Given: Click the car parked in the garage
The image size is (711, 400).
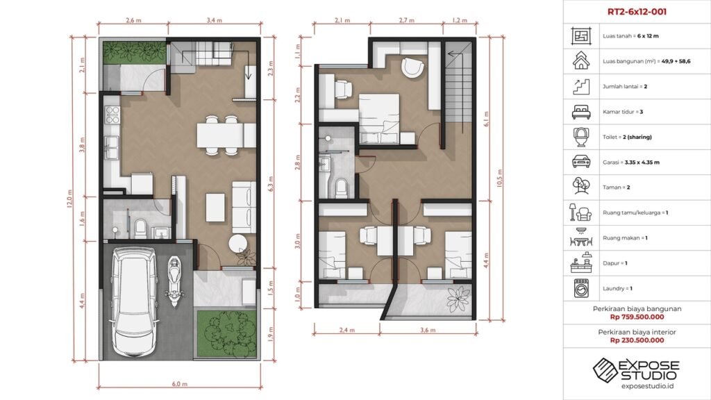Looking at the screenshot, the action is pos(135,303).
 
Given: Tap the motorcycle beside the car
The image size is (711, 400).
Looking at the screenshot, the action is pos(174,282).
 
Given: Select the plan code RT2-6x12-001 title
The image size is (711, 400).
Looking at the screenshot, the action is pos(637,12).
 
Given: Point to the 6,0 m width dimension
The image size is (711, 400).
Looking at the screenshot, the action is pos(180,383).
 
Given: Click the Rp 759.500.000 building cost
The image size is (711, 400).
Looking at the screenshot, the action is pos(637,317).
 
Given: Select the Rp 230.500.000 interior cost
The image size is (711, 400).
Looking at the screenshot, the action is pos(637,340).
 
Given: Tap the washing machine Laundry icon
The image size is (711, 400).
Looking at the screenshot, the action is pos(581,288).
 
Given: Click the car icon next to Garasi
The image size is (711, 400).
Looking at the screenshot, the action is pos(581,161).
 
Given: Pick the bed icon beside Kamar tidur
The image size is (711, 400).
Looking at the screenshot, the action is pos(581,112).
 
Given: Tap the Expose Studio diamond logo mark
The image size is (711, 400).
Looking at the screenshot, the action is pos(605,369).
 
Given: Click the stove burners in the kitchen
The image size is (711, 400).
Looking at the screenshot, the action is pos(112,115).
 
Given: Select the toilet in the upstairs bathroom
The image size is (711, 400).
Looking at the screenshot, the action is pos(341,187).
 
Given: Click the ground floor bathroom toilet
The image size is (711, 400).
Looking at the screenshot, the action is pos(140,228).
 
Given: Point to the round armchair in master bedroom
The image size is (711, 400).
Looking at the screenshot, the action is pos(413,67).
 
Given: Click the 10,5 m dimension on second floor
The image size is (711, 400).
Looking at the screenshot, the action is pos(500,178).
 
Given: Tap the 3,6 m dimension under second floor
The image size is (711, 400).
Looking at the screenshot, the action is pos(428,330).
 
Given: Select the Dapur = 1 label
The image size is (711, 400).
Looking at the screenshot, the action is pos(615,263).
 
